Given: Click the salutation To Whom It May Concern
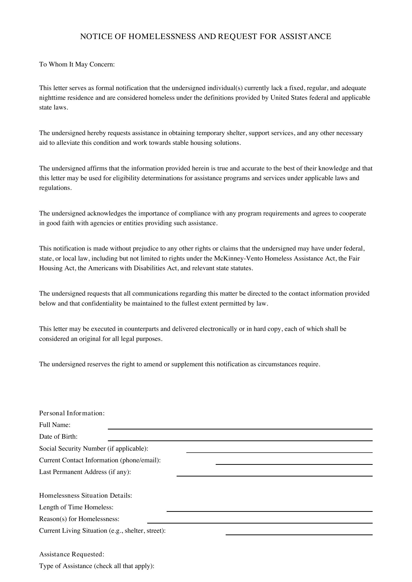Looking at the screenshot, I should [77, 64].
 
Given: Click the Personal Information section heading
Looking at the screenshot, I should [72, 413].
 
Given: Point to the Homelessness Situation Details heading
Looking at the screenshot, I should [85, 496].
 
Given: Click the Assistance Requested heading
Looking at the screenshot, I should [71, 554].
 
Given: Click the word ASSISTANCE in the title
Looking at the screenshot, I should [305, 37].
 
